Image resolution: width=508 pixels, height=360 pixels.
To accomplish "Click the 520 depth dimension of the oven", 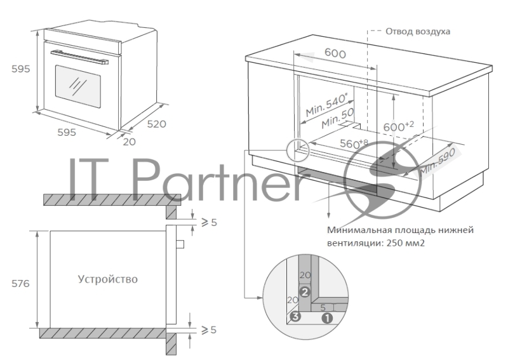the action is [156, 124].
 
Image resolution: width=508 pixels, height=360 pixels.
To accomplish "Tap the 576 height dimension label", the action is [20, 284].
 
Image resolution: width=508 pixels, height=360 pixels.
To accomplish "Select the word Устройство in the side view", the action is [107, 279].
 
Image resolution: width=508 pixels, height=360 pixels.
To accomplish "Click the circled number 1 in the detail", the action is [327, 318].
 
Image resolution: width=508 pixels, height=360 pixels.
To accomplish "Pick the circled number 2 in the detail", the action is [305, 292].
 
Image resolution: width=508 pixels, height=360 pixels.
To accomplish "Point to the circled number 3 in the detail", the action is [295, 316].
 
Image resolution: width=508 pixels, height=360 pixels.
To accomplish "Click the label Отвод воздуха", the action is [418, 32].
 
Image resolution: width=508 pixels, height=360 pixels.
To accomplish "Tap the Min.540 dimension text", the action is [326, 105].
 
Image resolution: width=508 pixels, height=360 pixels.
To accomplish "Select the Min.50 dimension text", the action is [338, 119].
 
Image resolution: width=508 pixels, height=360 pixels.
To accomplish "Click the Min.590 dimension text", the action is [438, 163].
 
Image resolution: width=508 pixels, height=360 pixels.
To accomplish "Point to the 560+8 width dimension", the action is [354, 143].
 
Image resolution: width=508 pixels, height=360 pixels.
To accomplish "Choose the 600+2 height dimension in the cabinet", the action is [399, 126].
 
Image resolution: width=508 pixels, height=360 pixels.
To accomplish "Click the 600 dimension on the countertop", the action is [335, 53].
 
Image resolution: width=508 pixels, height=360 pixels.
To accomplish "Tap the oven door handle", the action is [79, 57].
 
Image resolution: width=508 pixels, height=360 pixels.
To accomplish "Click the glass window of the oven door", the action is [77, 86].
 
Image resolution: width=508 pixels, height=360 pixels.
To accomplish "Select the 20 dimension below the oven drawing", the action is [130, 142].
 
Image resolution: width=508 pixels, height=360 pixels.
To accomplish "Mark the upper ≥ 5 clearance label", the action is [210, 222].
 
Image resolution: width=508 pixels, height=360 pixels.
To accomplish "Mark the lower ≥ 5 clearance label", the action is [209, 330].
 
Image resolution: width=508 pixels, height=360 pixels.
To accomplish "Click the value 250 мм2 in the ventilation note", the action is [405, 243].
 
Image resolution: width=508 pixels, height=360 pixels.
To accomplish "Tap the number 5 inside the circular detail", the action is [323, 307].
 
